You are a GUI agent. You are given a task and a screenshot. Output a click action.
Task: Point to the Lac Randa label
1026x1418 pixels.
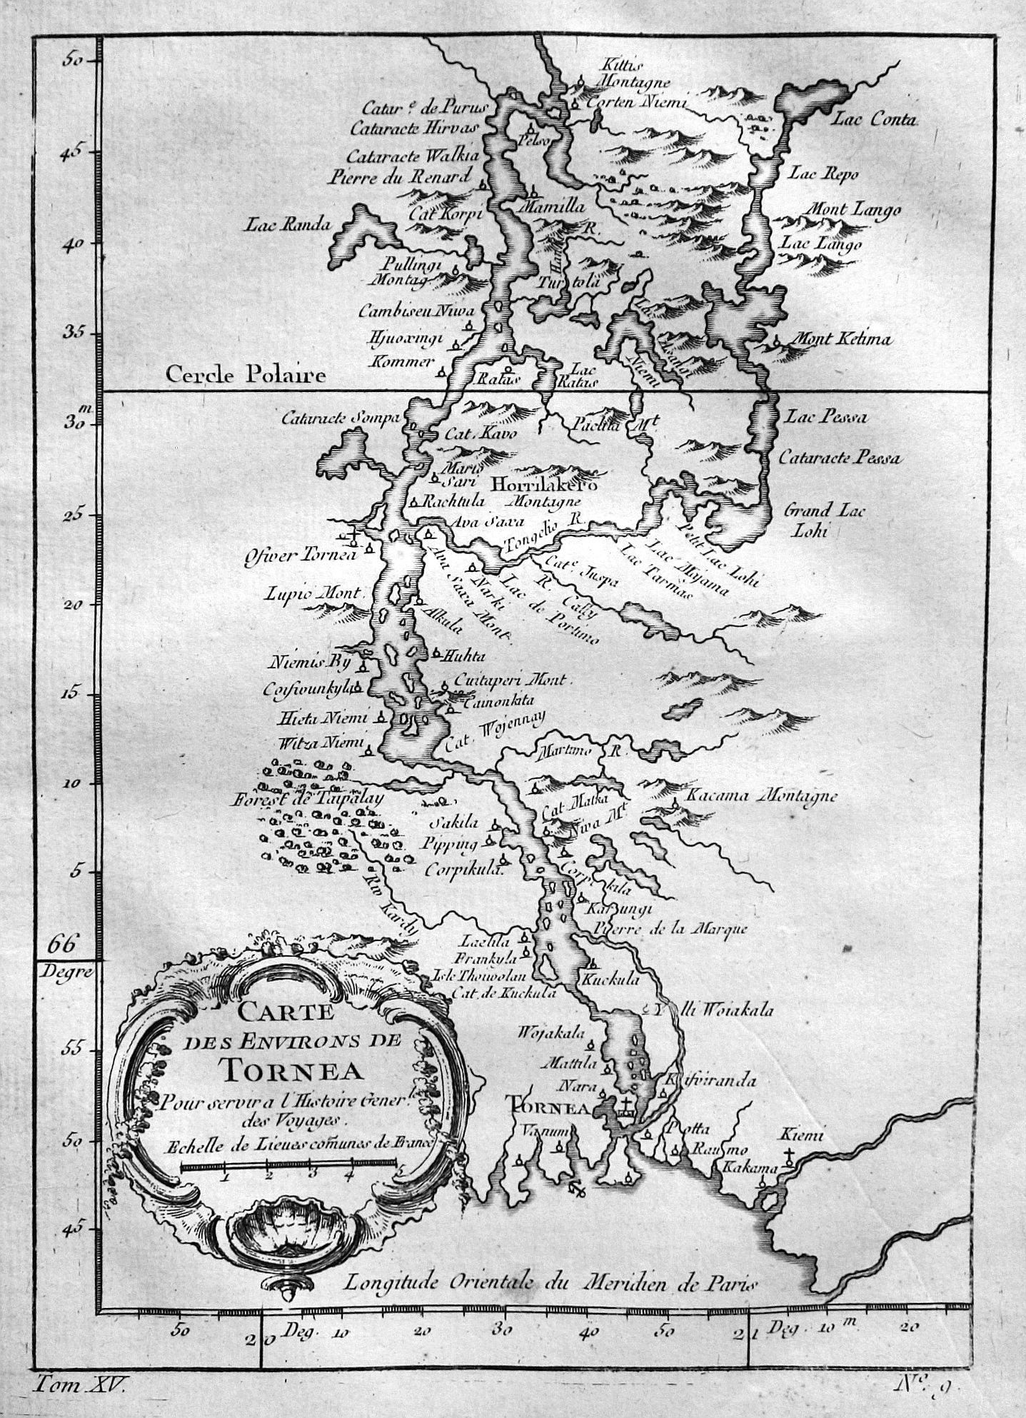tap(288, 225)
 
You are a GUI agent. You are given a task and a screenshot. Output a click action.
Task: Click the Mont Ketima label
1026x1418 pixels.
tap(843, 339)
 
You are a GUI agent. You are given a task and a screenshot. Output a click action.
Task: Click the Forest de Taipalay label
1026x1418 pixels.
tap(307, 800)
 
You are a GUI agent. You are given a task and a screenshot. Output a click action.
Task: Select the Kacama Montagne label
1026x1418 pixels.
tap(761, 795)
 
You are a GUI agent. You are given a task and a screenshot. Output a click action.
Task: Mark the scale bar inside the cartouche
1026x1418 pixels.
tap(288, 1165)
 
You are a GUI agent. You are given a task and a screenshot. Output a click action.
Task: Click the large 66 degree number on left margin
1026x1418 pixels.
tap(61, 945)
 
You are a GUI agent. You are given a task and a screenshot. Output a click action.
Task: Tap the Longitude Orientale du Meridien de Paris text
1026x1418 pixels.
tap(550, 1283)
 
